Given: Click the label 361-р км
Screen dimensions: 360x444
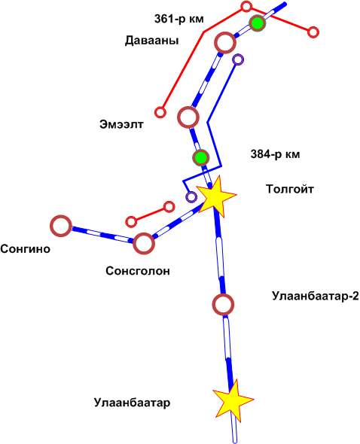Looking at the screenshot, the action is [178, 20].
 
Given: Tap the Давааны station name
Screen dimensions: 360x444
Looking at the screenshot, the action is [152, 41].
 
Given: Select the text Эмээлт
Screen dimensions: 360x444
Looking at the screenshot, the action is [121, 124].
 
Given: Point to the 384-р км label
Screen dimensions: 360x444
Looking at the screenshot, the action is [275, 154].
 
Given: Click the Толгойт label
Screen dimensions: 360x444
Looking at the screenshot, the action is [290, 189].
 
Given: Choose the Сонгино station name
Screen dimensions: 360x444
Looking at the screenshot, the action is [25, 249].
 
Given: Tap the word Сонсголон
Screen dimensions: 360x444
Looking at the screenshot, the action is [138, 271].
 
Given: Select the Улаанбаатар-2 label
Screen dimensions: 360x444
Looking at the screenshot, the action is [316, 296].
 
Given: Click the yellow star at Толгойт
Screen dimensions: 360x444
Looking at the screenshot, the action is [215, 196].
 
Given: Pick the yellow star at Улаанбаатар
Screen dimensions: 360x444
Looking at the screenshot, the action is [233, 400].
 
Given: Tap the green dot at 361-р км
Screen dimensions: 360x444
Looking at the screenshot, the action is [258, 23].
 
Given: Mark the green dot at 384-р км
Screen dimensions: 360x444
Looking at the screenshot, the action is [201, 157].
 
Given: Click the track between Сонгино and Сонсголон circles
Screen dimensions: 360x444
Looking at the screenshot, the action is [102, 235].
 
